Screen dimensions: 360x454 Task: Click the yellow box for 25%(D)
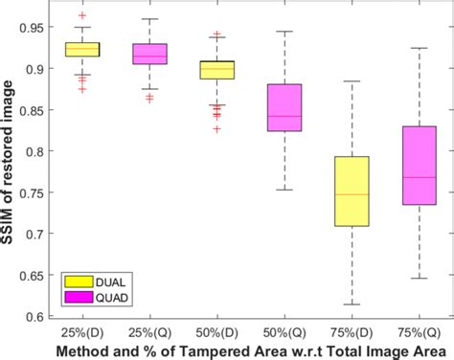point(81,50)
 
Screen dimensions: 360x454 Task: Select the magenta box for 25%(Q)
point(149,54)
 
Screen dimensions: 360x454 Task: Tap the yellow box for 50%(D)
point(217,70)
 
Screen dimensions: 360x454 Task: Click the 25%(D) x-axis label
point(81,330)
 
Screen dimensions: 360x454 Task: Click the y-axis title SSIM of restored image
point(9,168)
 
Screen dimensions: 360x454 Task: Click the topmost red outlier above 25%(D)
point(81,16)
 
